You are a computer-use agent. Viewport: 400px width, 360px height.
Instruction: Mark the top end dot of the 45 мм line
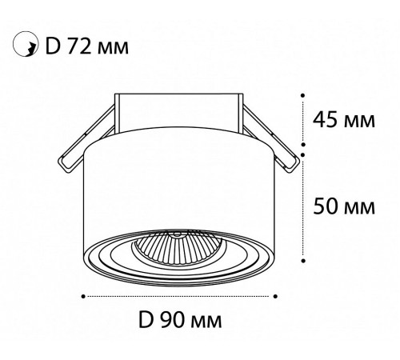point(302,95)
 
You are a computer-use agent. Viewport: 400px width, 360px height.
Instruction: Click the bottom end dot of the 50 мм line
point(302,259)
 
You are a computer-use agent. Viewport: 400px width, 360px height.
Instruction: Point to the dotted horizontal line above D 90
point(181,296)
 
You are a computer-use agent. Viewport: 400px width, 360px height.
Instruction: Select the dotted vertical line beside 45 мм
point(302,122)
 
